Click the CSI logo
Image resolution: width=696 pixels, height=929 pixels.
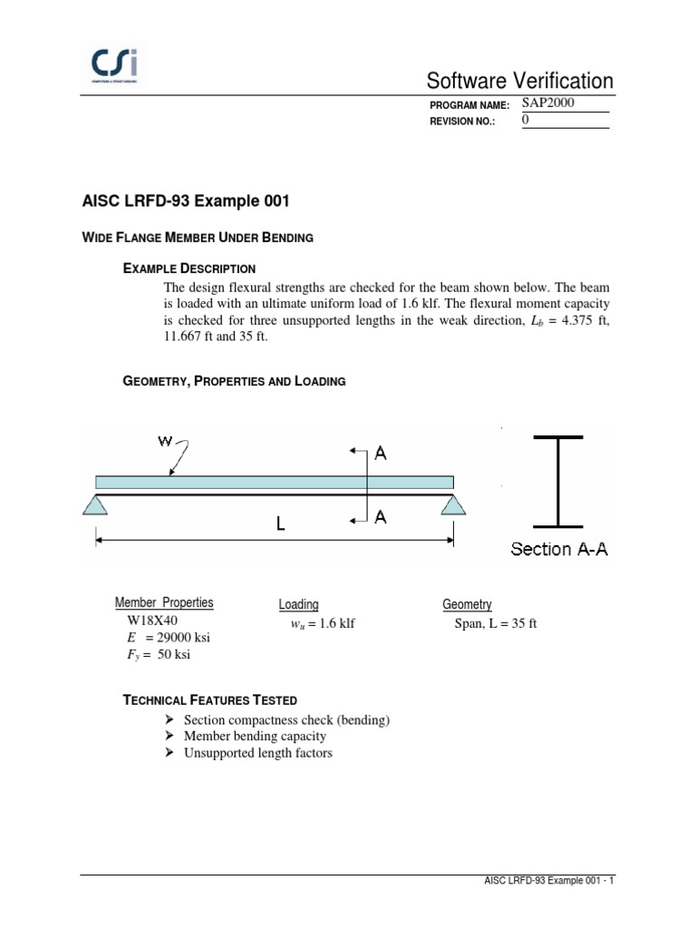(x=115, y=65)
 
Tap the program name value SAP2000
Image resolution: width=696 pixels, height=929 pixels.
(x=548, y=103)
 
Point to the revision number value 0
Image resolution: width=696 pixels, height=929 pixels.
(x=526, y=120)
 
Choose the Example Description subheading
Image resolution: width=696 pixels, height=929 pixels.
(x=189, y=269)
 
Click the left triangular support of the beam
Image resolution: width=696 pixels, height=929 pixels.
(x=95, y=504)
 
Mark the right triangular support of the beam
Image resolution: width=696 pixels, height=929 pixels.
(x=454, y=504)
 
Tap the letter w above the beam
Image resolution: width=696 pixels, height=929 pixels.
(x=166, y=441)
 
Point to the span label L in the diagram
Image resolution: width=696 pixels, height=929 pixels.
(x=281, y=523)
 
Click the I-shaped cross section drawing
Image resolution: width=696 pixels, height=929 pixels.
(x=557, y=481)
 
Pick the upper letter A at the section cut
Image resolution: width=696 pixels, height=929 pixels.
(x=381, y=453)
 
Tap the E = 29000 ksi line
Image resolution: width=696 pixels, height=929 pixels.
(x=169, y=638)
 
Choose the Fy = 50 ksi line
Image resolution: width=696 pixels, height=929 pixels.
(x=159, y=655)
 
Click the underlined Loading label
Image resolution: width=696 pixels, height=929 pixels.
(x=298, y=605)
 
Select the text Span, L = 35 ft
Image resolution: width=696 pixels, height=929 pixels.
(x=495, y=623)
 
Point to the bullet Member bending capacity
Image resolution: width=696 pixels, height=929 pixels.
(x=255, y=737)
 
